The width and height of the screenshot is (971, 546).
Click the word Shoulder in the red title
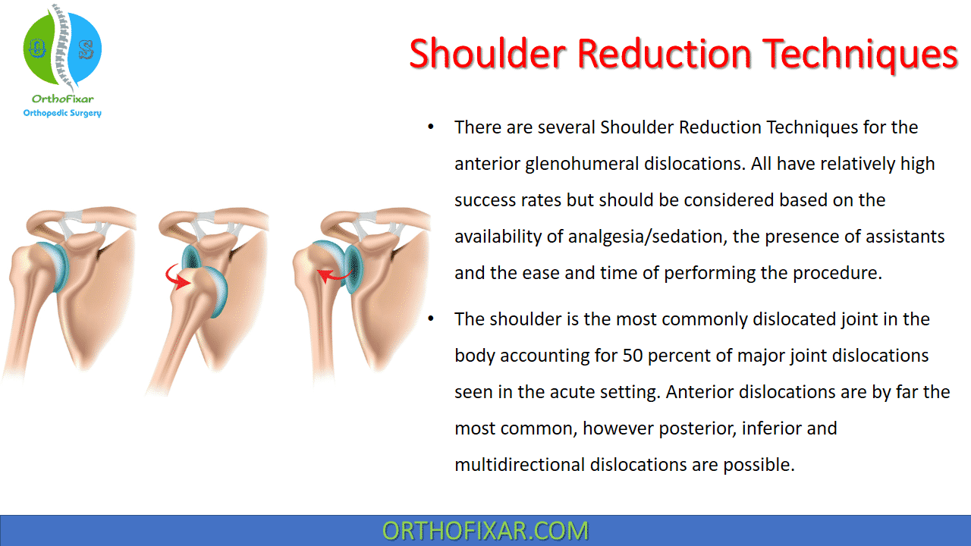tap(488, 54)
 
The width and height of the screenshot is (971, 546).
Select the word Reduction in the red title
tap(664, 54)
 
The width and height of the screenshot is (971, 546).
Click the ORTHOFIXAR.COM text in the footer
tap(485, 531)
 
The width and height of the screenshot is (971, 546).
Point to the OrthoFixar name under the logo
tap(62, 99)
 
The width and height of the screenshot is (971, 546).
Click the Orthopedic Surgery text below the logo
tap(62, 113)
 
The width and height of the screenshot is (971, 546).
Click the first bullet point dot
tap(430, 127)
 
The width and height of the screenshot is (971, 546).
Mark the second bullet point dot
tap(430, 319)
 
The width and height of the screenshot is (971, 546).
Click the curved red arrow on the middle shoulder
tap(177, 278)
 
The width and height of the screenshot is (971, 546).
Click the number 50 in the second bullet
tap(633, 356)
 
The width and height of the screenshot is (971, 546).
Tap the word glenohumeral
tap(582, 165)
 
